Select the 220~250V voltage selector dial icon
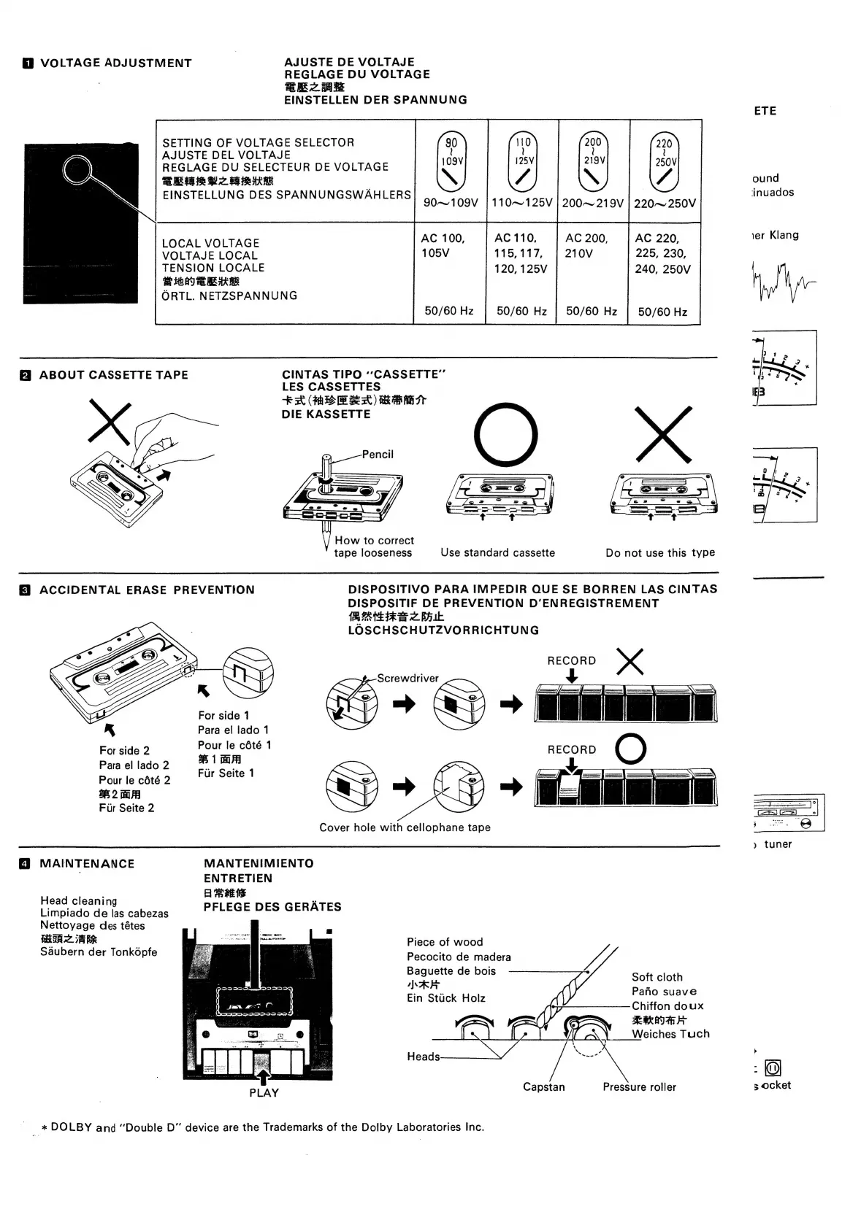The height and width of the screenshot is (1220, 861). click(x=664, y=162)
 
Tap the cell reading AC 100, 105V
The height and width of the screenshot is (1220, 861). click(x=443, y=245)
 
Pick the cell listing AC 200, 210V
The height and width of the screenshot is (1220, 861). click(x=586, y=245)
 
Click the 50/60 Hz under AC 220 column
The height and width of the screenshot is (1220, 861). click(x=662, y=312)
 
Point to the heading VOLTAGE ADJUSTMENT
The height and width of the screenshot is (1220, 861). click(x=115, y=63)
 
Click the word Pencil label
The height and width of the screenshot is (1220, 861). click(x=378, y=455)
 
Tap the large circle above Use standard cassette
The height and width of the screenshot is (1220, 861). click(x=505, y=436)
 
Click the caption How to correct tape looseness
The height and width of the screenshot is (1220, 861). click(x=373, y=547)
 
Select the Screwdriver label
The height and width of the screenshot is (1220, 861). click(x=407, y=678)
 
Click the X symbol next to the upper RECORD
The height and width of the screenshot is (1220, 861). click(x=630, y=661)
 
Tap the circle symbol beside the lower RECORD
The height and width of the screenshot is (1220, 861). click(x=631, y=749)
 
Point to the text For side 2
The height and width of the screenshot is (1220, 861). click(x=124, y=751)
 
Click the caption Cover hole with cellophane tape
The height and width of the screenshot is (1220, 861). click(x=405, y=827)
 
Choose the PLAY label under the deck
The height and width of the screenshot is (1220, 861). click(x=264, y=1093)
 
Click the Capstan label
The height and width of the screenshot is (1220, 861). click(x=543, y=1087)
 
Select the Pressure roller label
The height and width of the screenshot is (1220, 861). click(x=639, y=1087)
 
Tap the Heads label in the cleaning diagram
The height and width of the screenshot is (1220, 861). click(x=424, y=1057)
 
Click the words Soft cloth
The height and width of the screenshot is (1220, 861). click(x=657, y=977)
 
